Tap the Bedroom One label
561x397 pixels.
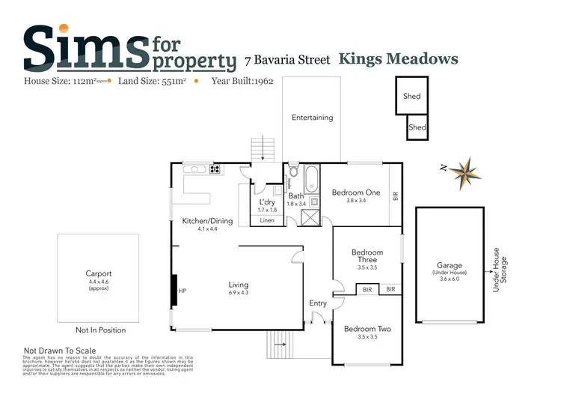tap(356, 193)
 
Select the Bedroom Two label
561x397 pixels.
tap(367, 329)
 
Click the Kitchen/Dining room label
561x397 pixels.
tap(207, 221)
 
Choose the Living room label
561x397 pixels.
tap(238, 285)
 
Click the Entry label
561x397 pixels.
tap(318, 303)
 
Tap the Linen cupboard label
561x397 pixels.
tap(266, 219)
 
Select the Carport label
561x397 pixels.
tap(98, 273)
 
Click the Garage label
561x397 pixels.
tap(449, 265)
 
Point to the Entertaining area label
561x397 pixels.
tap(312, 118)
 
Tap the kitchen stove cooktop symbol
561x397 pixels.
tap(215, 169)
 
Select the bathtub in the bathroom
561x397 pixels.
tap(311, 180)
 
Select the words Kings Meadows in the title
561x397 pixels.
tap(398, 58)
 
